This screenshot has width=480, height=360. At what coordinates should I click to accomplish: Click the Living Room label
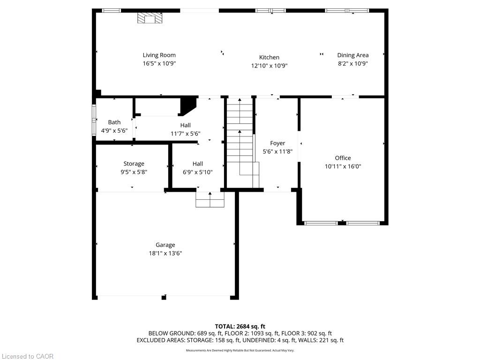(159, 55)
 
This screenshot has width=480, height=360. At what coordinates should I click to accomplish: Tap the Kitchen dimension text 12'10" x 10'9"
(270, 66)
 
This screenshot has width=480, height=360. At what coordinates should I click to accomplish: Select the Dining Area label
(353, 55)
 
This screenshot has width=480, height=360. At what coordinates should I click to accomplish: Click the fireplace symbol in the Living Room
(150, 18)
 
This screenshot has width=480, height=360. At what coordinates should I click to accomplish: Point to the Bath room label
(114, 122)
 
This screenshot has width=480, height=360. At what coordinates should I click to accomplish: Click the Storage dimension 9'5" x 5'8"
(134, 172)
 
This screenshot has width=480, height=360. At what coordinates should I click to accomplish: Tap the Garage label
(165, 245)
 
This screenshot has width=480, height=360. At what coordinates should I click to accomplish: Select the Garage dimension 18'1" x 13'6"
(165, 253)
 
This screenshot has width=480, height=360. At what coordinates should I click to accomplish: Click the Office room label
(343, 158)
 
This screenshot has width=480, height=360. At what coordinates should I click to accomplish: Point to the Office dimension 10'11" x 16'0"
(343, 166)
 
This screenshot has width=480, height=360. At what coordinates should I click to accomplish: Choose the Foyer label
(277, 143)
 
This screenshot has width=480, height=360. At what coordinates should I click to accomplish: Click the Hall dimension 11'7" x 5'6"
(186, 134)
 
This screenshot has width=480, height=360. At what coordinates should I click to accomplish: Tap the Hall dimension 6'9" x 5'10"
(198, 172)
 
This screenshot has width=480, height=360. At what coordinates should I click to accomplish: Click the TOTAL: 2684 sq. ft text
(240, 326)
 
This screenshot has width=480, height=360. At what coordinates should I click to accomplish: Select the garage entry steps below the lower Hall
(210, 200)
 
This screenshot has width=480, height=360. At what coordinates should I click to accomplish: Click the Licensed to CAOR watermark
(28, 356)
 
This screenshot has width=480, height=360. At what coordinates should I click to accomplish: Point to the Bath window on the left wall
(94, 120)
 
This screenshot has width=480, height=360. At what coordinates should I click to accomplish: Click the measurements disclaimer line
(240, 350)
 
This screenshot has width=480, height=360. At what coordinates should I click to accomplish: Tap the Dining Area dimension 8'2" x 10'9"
(353, 63)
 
